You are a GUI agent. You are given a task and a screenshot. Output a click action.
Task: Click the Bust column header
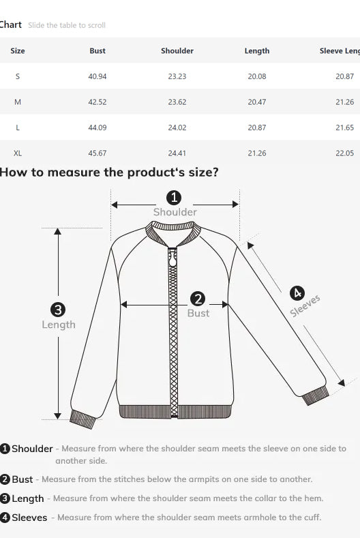[x=97, y=50]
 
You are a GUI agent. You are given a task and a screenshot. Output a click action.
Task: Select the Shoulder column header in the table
[x=177, y=50]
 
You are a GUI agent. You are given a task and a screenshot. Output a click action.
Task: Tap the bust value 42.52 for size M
[x=97, y=102]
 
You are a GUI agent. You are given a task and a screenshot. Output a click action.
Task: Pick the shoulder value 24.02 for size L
[x=177, y=128]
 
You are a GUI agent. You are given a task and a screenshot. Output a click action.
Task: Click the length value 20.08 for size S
[x=257, y=76]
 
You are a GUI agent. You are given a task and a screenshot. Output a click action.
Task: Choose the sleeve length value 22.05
[x=344, y=153]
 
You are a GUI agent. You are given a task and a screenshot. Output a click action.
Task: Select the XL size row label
[x=18, y=153]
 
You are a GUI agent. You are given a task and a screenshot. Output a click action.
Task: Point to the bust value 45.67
[x=97, y=153]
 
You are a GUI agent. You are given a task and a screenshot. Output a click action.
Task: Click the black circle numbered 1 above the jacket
[x=174, y=198]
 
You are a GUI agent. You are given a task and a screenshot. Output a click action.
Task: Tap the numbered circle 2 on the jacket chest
[x=198, y=299]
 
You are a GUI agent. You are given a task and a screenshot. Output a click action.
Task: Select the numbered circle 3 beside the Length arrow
[x=58, y=310]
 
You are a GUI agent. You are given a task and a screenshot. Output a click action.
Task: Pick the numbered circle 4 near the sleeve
[x=297, y=293]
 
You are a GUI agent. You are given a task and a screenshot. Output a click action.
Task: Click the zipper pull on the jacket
[x=172, y=258]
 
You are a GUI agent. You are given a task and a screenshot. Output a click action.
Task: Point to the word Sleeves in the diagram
[x=305, y=305]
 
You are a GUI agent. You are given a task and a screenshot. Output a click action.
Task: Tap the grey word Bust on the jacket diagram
[x=198, y=313]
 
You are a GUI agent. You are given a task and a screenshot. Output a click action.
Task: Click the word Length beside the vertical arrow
[x=59, y=325]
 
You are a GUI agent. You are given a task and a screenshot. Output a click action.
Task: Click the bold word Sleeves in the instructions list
[x=29, y=518]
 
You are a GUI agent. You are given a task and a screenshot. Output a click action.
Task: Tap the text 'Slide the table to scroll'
[x=67, y=25]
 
